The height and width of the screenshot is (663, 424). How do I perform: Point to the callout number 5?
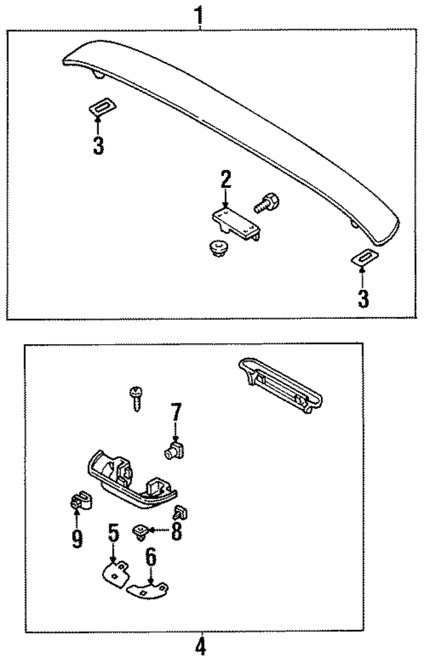coord(113,531)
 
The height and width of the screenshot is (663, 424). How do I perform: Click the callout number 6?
coord(151,557)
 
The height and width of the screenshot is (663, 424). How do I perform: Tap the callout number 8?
coord(176,531)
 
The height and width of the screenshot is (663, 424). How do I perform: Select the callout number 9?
coord(78,539)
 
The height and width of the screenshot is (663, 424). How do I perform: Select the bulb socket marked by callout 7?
coord(174,451)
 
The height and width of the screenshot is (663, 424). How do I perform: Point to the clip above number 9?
coord(79,502)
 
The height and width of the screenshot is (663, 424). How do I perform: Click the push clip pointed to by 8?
coord(141,532)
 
